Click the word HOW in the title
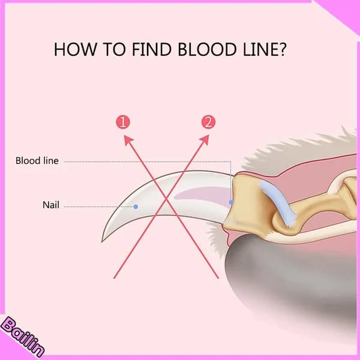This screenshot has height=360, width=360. pyautogui.click(x=75, y=49)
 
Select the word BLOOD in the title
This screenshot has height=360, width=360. pyautogui.click(x=207, y=49)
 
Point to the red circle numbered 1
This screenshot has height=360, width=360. pyautogui.click(x=123, y=122)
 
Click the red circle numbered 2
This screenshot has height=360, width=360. pyautogui.click(x=208, y=122)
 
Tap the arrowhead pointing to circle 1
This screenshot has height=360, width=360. pyautogui.click(x=128, y=139)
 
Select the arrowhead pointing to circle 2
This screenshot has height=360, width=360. pyautogui.click(x=205, y=139)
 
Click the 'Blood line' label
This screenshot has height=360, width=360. pyautogui.click(x=37, y=161)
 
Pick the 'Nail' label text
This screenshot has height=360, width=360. pyautogui.click(x=51, y=205)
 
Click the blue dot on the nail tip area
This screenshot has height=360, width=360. pyautogui.click(x=136, y=207)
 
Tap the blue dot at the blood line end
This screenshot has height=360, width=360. pyautogui.click(x=231, y=202)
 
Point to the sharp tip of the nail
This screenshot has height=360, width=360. pyautogui.click(x=102, y=242)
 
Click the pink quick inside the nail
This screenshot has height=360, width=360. pyautogui.click(x=202, y=195)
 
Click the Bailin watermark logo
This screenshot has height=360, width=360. pyautogui.click(x=22, y=337)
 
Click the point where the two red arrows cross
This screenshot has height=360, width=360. pyautogui.click(x=166, y=200)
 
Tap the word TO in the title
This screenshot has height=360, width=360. pyautogui.click(x=115, y=49)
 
